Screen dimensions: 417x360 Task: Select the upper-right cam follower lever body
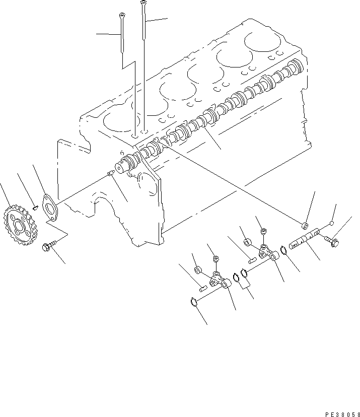266,251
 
